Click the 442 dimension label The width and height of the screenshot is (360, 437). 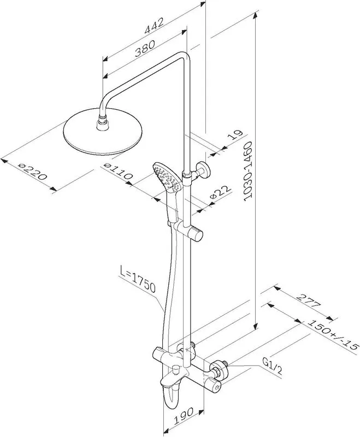[154, 25]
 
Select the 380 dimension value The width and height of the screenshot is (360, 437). [145, 48]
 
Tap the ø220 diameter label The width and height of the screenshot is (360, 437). [33, 172]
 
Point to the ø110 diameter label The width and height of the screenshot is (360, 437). [118, 172]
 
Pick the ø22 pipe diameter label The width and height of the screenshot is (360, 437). [221, 192]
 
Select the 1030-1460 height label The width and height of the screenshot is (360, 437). [247, 171]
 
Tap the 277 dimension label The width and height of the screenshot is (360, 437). [309, 300]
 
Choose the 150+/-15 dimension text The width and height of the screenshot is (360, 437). [332, 334]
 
